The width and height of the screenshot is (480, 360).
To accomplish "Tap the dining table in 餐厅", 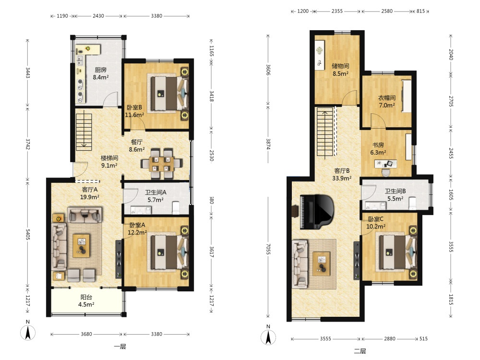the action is pos(161,164).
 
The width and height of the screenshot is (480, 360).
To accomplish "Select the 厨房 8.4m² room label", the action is pos(101,73).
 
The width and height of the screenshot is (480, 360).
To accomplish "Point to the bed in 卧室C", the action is pos(397,252).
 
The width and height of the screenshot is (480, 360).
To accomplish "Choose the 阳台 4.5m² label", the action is pos(86,300).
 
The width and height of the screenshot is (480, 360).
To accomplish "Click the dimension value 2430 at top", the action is pos(98,16).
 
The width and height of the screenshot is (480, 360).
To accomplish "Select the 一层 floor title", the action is pos(120,347).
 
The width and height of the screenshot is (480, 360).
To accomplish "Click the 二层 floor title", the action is pos(360,351).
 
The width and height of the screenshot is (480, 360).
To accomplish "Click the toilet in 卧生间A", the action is pos(176,207).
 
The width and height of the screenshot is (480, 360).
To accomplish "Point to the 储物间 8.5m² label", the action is pos(340,70).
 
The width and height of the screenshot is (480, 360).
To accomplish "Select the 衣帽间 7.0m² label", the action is pos(386,102).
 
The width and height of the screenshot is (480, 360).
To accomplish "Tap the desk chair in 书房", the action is pos(386,172).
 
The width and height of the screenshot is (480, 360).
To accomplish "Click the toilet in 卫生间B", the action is pos(412,204).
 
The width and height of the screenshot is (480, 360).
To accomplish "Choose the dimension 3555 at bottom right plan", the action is pos(325,338).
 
